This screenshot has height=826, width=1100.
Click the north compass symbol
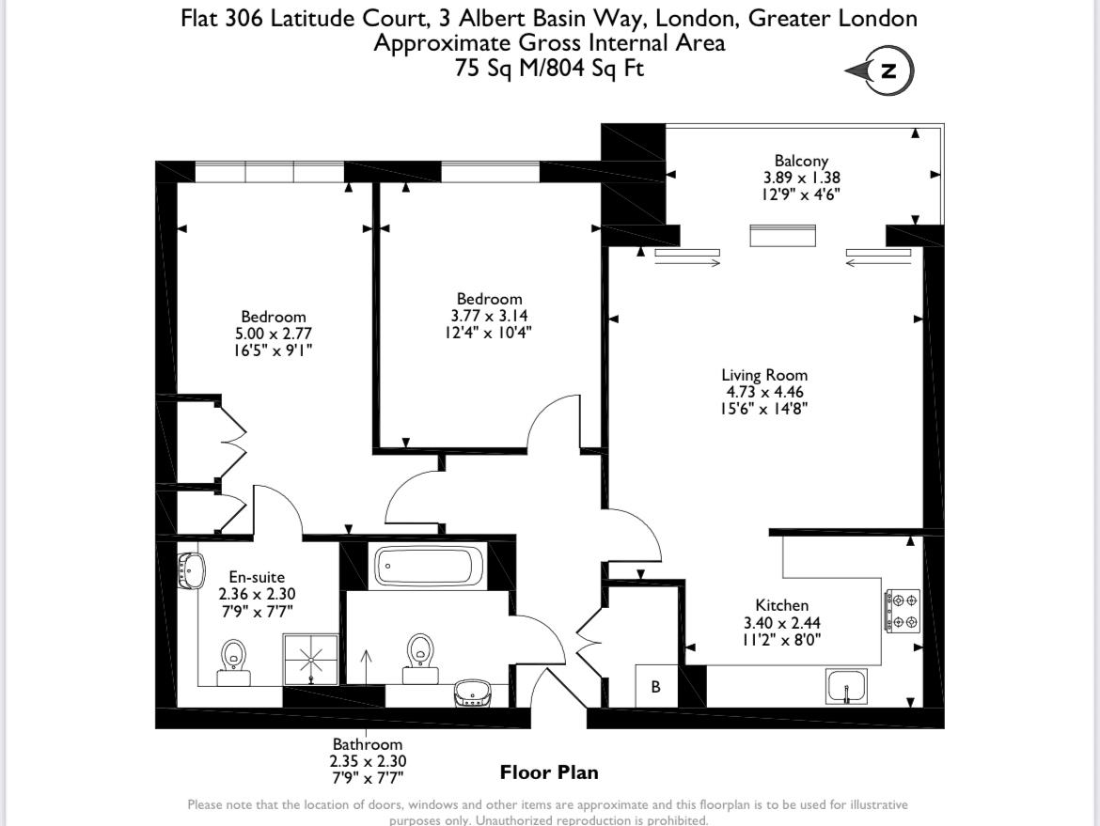pyautogui.click(x=880, y=70)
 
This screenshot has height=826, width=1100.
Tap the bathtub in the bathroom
pyautogui.click(x=429, y=566)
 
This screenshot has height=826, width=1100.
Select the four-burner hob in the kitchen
pyautogui.click(x=903, y=611)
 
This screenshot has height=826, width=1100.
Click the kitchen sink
pyautogui.click(x=847, y=686)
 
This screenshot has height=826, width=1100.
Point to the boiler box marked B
pyautogui.click(x=656, y=686)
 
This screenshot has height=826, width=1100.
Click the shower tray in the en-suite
pyautogui.click(x=311, y=660)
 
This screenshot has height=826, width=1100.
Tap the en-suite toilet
pyautogui.click(x=233, y=662)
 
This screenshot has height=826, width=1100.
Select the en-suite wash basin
pyautogui.click(x=191, y=570)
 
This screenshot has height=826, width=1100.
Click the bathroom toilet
pyautogui.click(x=420, y=659)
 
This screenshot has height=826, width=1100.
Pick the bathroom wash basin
pyautogui.click(x=473, y=693)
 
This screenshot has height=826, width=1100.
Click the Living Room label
pyautogui.click(x=764, y=375)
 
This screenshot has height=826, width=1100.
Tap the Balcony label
pyautogui.click(x=801, y=161)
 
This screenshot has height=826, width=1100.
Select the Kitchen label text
pyautogui.click(x=781, y=605)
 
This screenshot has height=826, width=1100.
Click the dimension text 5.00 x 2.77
pyautogui.click(x=274, y=334)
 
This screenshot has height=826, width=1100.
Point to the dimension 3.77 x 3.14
pyautogui.click(x=489, y=316)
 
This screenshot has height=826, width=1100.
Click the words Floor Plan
pyautogui.click(x=549, y=772)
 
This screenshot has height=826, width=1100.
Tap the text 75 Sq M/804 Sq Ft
pyautogui.click(x=549, y=68)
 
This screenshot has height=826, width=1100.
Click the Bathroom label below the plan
pyautogui.click(x=368, y=744)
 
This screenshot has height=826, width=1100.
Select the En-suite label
pyautogui.click(x=257, y=577)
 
